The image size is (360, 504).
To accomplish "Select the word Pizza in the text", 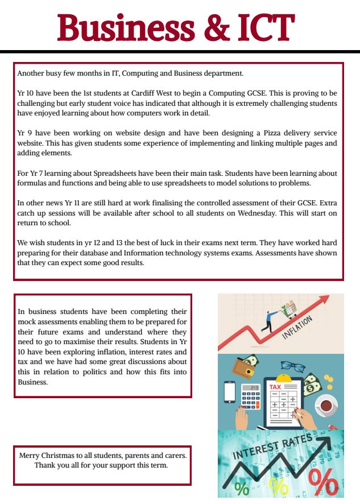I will pos(238,134).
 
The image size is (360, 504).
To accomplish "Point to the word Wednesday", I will pos(275,213).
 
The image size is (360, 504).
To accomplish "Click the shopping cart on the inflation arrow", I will pos(290,309).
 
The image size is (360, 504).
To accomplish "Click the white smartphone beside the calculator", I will pos(230,391).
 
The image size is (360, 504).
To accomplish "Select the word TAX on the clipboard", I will pos(275,387).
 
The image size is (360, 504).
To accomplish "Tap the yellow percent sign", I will pos(279,486).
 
